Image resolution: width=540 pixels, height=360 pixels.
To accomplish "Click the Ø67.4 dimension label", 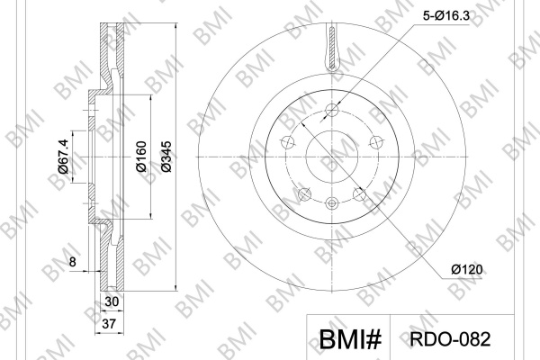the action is [x=63, y=157].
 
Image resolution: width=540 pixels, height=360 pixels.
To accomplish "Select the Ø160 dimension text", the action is [x=141, y=157].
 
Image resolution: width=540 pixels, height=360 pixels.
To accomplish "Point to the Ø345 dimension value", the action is [x=166, y=157].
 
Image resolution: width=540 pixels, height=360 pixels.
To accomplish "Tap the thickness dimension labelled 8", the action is [x=72, y=262].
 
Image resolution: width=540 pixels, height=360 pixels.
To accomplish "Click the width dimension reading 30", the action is [x=112, y=301].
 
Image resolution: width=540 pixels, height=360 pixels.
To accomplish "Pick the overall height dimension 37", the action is [x=110, y=324].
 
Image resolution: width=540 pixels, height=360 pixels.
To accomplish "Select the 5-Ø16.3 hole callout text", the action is [x=446, y=15].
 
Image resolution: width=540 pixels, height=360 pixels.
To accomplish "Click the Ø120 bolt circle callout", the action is [x=467, y=269].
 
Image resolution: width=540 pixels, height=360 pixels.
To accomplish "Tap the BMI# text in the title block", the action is [x=350, y=339].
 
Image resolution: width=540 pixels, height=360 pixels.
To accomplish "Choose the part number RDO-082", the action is [x=450, y=339].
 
